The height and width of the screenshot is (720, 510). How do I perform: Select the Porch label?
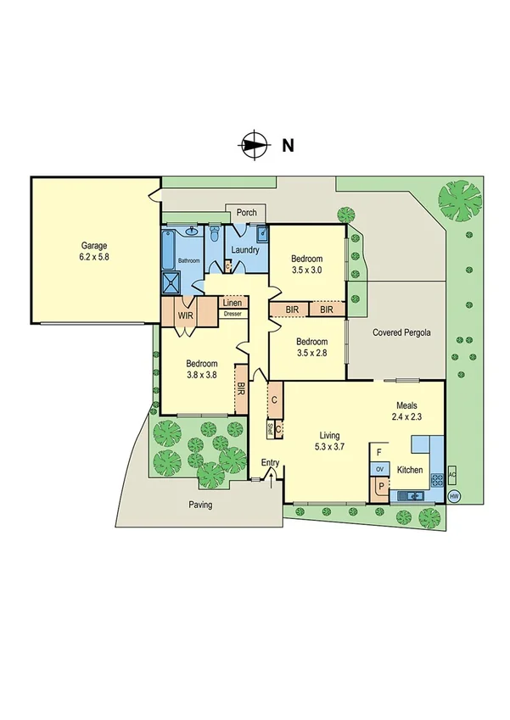[x=246, y=213]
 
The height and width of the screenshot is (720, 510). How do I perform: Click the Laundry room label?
[x=244, y=250]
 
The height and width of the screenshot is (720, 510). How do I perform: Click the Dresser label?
[x=232, y=314]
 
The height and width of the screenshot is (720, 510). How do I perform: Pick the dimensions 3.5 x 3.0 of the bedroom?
[x=306, y=271]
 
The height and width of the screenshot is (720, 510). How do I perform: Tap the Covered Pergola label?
[x=401, y=333]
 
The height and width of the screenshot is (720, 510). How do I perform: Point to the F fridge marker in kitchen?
[x=378, y=452]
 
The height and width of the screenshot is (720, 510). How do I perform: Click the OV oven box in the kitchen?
[x=379, y=469]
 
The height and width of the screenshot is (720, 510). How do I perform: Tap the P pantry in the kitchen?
[x=378, y=488]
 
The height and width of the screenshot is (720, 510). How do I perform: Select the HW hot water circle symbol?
[x=454, y=496]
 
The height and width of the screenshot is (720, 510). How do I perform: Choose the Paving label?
[x=200, y=505]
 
